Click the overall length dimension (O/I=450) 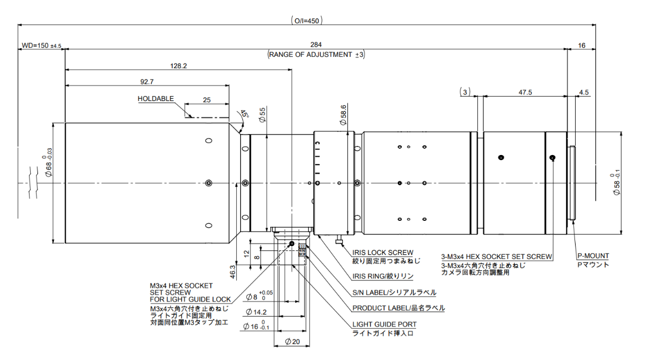307,20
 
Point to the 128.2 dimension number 178,65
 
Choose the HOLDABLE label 156,98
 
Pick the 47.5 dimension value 525,91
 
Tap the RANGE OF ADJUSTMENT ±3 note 316,55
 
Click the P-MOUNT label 593,256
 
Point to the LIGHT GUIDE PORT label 384,324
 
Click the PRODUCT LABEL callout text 398,308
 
